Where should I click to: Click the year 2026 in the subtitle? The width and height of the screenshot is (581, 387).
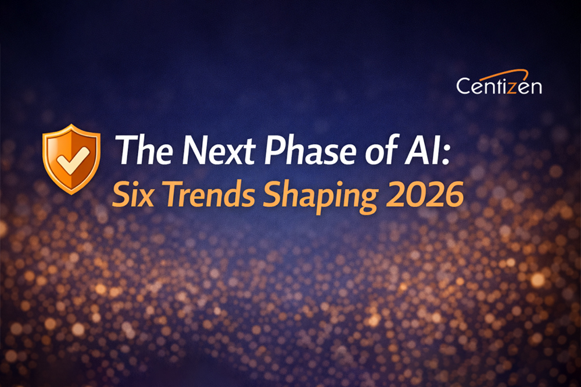pos(419,196)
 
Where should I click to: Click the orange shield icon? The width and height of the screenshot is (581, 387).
pos(71,158)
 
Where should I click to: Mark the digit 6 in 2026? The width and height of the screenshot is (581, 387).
pos(453,196)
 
